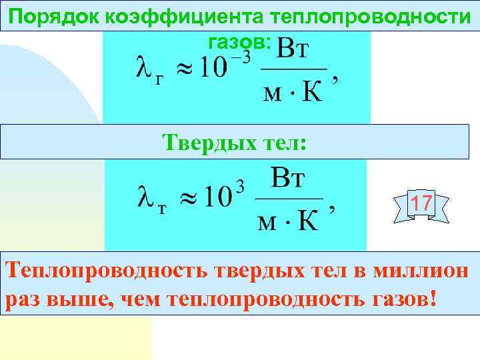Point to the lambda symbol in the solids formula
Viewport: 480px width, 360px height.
145,199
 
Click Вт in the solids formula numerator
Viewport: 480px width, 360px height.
289,179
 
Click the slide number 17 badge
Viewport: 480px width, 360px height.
421,203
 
